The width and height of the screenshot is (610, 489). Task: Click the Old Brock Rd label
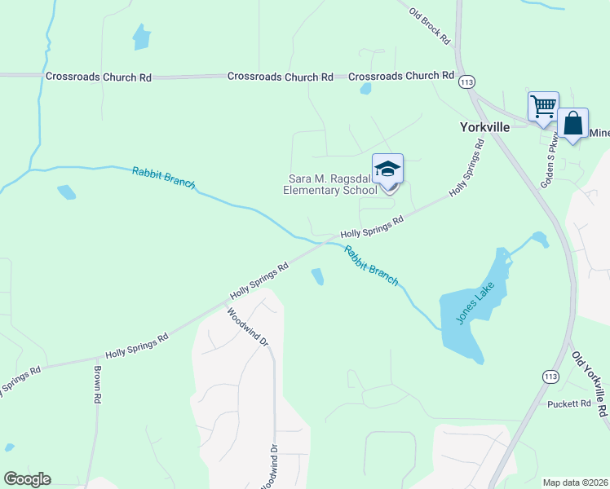click(430, 26)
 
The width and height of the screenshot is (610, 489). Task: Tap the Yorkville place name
click(484, 127)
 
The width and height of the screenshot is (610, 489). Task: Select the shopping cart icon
click(543, 106)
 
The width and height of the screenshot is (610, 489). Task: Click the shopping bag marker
click(573, 125)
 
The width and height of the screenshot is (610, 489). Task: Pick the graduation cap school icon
click(387, 170)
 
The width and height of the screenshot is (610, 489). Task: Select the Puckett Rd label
click(568, 403)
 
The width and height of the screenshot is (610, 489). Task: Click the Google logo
click(27, 479)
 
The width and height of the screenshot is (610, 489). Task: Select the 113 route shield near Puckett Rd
click(550, 376)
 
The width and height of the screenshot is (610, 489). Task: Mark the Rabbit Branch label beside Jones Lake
click(371, 266)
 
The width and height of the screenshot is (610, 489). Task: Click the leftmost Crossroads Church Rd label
click(99, 77)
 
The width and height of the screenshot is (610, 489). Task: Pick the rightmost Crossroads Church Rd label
click(401, 76)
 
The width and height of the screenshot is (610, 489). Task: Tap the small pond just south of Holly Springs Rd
click(317, 277)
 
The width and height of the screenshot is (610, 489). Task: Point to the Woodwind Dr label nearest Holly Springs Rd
click(248, 327)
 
